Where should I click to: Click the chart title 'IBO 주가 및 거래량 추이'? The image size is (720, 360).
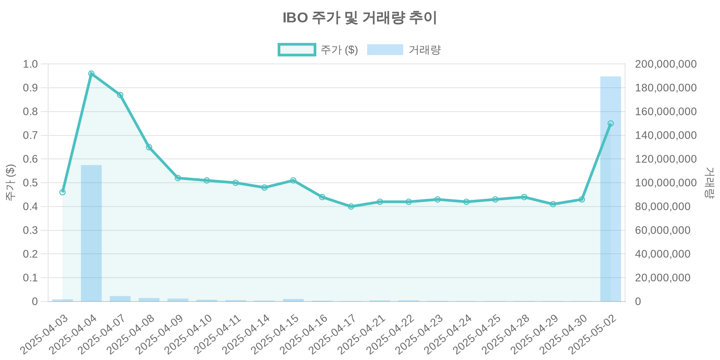click(360, 18)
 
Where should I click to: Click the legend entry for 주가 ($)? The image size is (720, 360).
click(318, 49)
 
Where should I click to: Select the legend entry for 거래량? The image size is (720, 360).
click(404, 49)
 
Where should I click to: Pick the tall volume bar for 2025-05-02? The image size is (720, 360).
click(611, 189)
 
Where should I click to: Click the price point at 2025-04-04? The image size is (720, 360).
click(91, 74)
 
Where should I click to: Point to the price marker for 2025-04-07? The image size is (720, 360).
click(120, 95)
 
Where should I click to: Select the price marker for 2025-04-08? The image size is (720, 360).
click(149, 147)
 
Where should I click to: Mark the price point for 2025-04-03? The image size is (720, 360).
click(63, 192)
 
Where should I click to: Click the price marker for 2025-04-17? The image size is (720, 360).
click(351, 207)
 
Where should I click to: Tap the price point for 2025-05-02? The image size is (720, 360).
click(611, 123)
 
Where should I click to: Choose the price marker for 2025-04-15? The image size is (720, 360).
click(293, 180)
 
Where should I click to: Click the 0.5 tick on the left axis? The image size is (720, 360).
click(31, 183)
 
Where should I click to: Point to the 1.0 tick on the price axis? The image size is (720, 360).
click(31, 64)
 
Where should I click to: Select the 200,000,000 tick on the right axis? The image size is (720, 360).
click(666, 64)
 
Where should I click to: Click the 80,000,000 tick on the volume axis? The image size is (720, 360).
click(662, 207)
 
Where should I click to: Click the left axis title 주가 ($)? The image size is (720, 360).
click(10, 183)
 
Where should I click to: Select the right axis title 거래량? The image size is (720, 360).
click(710, 183)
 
